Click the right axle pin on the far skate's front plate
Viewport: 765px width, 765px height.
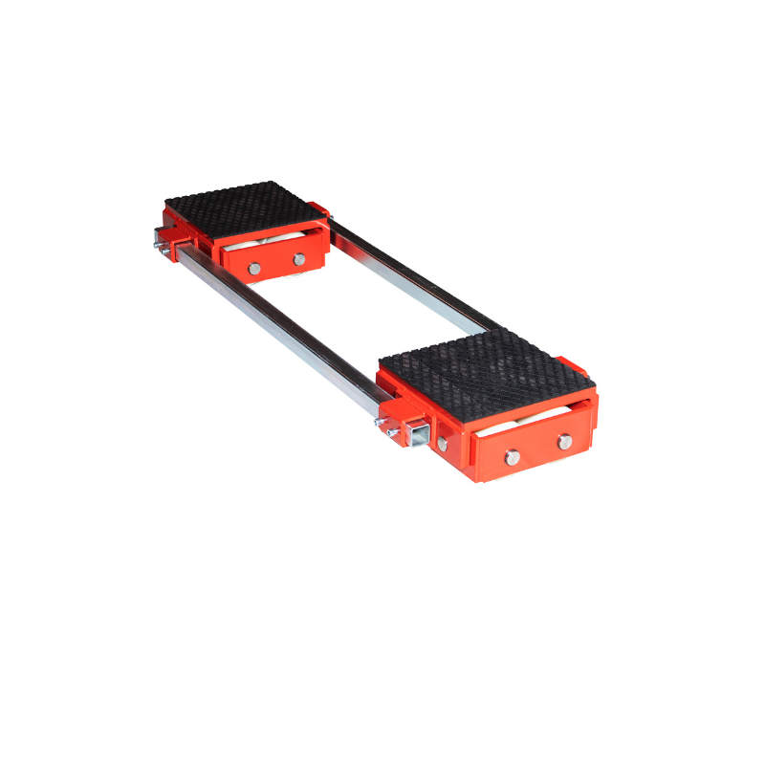(299, 259)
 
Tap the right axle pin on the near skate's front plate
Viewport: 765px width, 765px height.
(564, 441)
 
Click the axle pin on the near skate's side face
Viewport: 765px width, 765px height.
(442, 444)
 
